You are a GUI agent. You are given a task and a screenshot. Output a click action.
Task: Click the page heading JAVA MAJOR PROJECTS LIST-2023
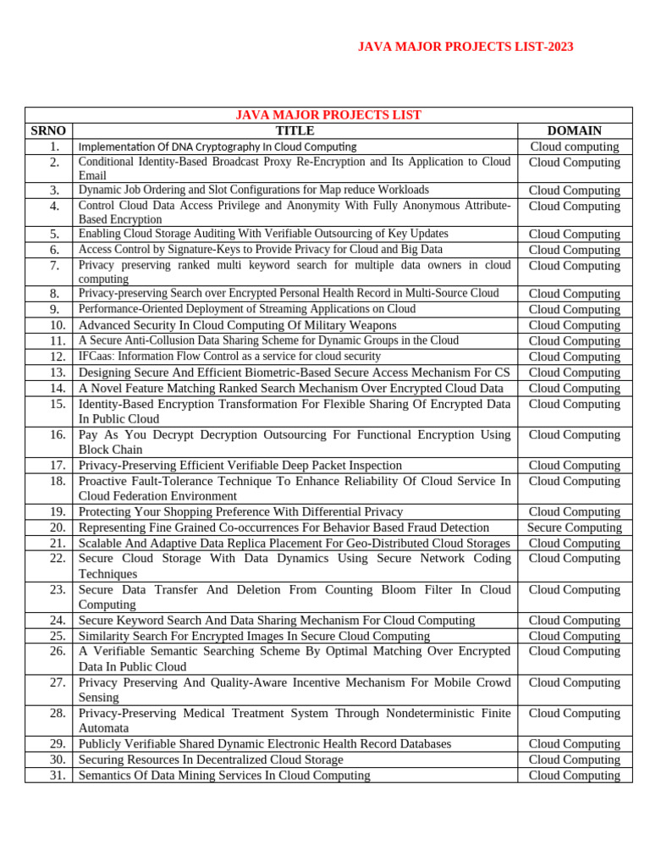click(x=465, y=47)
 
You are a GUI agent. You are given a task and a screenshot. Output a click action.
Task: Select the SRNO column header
click(x=48, y=130)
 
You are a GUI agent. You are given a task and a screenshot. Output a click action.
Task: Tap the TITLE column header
click(x=295, y=130)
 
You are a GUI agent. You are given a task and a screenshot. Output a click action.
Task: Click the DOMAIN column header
click(x=574, y=130)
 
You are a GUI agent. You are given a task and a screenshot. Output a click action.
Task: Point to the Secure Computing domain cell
click(x=574, y=527)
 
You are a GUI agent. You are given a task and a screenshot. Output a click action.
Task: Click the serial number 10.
click(x=58, y=325)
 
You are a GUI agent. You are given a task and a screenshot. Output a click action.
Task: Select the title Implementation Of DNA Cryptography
click(x=218, y=146)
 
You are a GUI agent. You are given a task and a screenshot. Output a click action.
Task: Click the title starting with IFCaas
click(x=229, y=356)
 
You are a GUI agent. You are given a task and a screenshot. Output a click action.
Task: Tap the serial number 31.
click(x=58, y=775)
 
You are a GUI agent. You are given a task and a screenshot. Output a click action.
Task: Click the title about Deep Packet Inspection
click(x=240, y=465)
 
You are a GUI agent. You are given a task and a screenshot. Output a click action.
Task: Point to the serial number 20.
click(x=58, y=527)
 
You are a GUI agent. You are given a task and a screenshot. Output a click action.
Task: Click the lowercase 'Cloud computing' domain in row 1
click(x=574, y=146)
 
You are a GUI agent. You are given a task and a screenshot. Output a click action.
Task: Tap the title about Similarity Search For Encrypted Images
click(x=254, y=636)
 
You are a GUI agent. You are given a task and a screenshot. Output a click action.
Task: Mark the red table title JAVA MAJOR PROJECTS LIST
click(x=328, y=115)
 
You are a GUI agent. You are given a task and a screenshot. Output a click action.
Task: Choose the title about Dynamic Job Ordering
click(x=253, y=190)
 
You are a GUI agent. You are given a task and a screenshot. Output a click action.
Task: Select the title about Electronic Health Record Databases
click(x=265, y=743)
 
